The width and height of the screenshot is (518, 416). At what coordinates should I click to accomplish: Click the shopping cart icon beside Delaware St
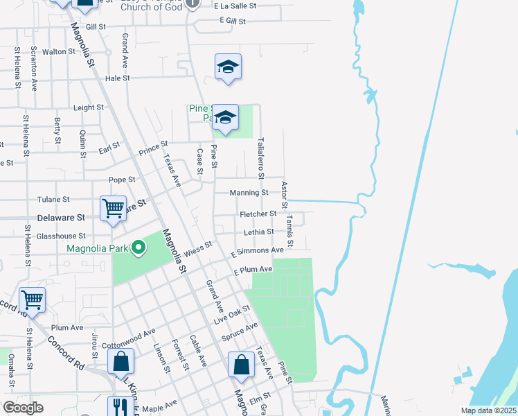click(x=113, y=207)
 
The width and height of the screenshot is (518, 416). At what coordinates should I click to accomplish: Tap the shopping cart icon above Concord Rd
click(x=32, y=300)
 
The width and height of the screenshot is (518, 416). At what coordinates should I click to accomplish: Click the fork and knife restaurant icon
click(x=120, y=406)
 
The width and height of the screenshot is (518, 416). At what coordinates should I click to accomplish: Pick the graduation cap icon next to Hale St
click(x=228, y=67)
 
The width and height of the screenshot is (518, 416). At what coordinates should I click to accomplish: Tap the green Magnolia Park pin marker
click(x=139, y=248)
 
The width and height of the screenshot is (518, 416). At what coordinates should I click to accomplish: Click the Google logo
click(x=23, y=408)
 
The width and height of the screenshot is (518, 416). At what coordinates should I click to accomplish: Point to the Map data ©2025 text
click(x=487, y=410)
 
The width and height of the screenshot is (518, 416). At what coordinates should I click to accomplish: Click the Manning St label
click(x=250, y=192)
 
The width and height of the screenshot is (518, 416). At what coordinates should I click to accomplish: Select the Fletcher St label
click(x=258, y=214)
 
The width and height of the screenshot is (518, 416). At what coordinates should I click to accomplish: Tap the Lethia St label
click(x=259, y=232)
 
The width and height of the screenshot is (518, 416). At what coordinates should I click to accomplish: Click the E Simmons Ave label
click(x=259, y=250)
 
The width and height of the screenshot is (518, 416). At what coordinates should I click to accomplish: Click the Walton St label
click(x=58, y=51)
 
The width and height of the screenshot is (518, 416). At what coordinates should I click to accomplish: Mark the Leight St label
click(x=88, y=107)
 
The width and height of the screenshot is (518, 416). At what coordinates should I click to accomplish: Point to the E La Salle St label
click(x=235, y=5)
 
